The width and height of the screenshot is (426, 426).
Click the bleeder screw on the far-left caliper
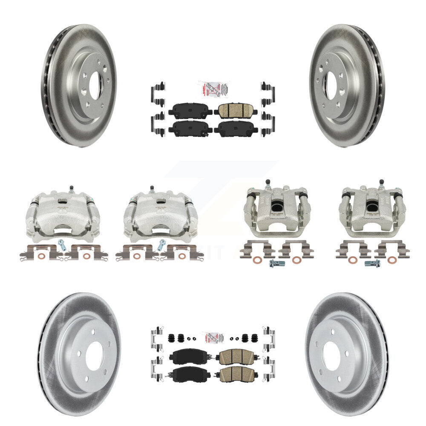[x=71, y=189]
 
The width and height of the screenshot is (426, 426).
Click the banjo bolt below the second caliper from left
[x=161, y=245]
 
